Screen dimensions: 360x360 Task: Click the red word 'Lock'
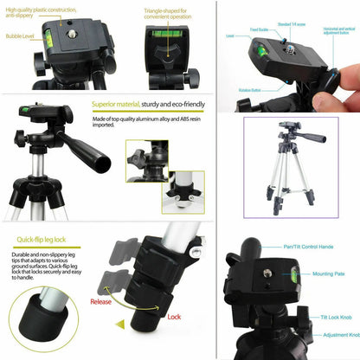[x=173, y=318]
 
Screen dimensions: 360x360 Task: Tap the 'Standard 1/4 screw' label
[x=293, y=24]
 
